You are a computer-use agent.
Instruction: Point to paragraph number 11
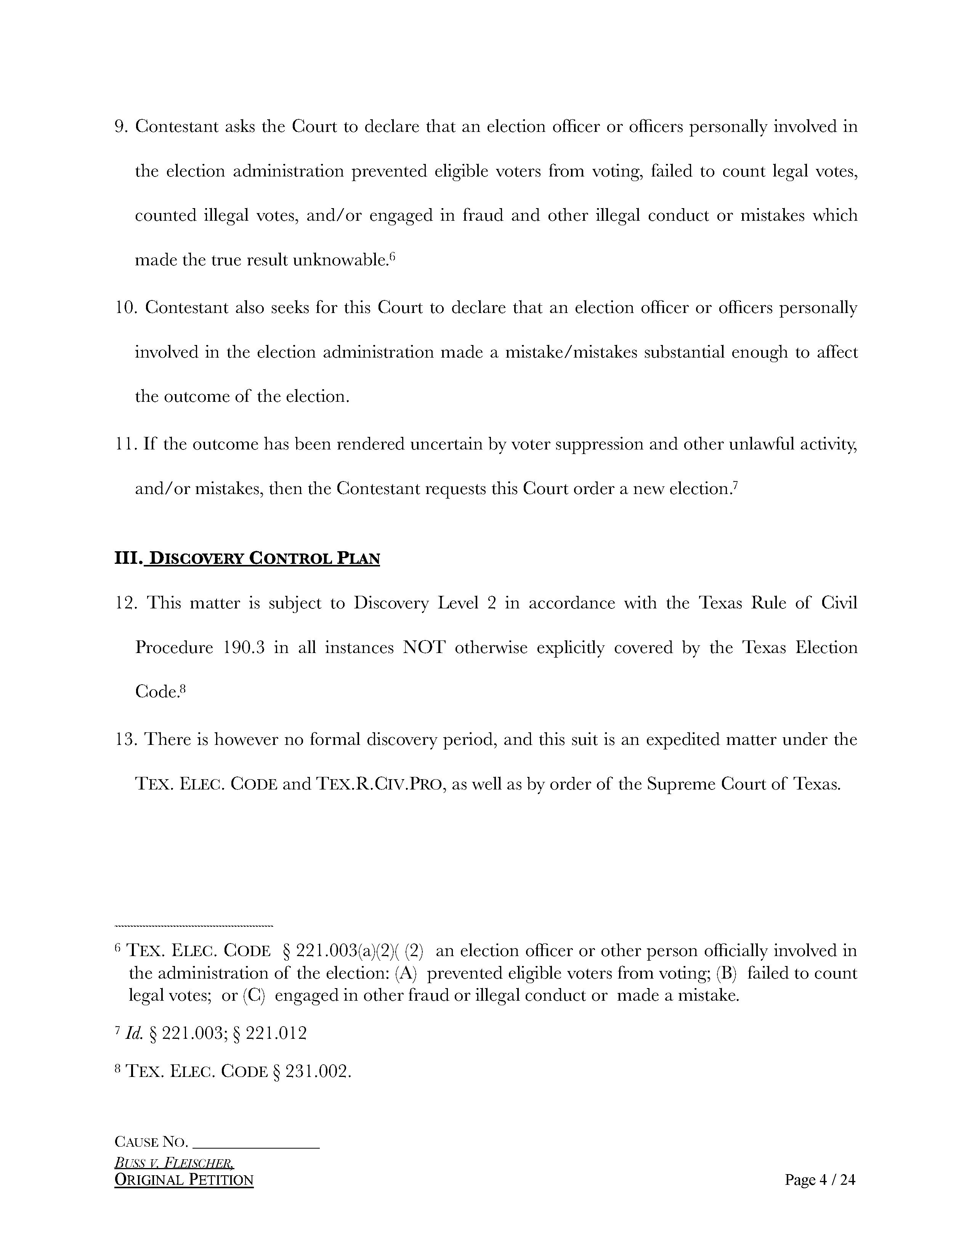[x=125, y=444]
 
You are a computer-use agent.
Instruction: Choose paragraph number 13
[x=125, y=740]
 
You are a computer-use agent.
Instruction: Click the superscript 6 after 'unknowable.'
[x=392, y=256]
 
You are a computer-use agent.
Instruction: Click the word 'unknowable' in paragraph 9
[x=338, y=260]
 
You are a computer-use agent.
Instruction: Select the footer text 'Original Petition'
[x=184, y=1180]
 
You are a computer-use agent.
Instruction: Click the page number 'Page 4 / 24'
[x=820, y=1180]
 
